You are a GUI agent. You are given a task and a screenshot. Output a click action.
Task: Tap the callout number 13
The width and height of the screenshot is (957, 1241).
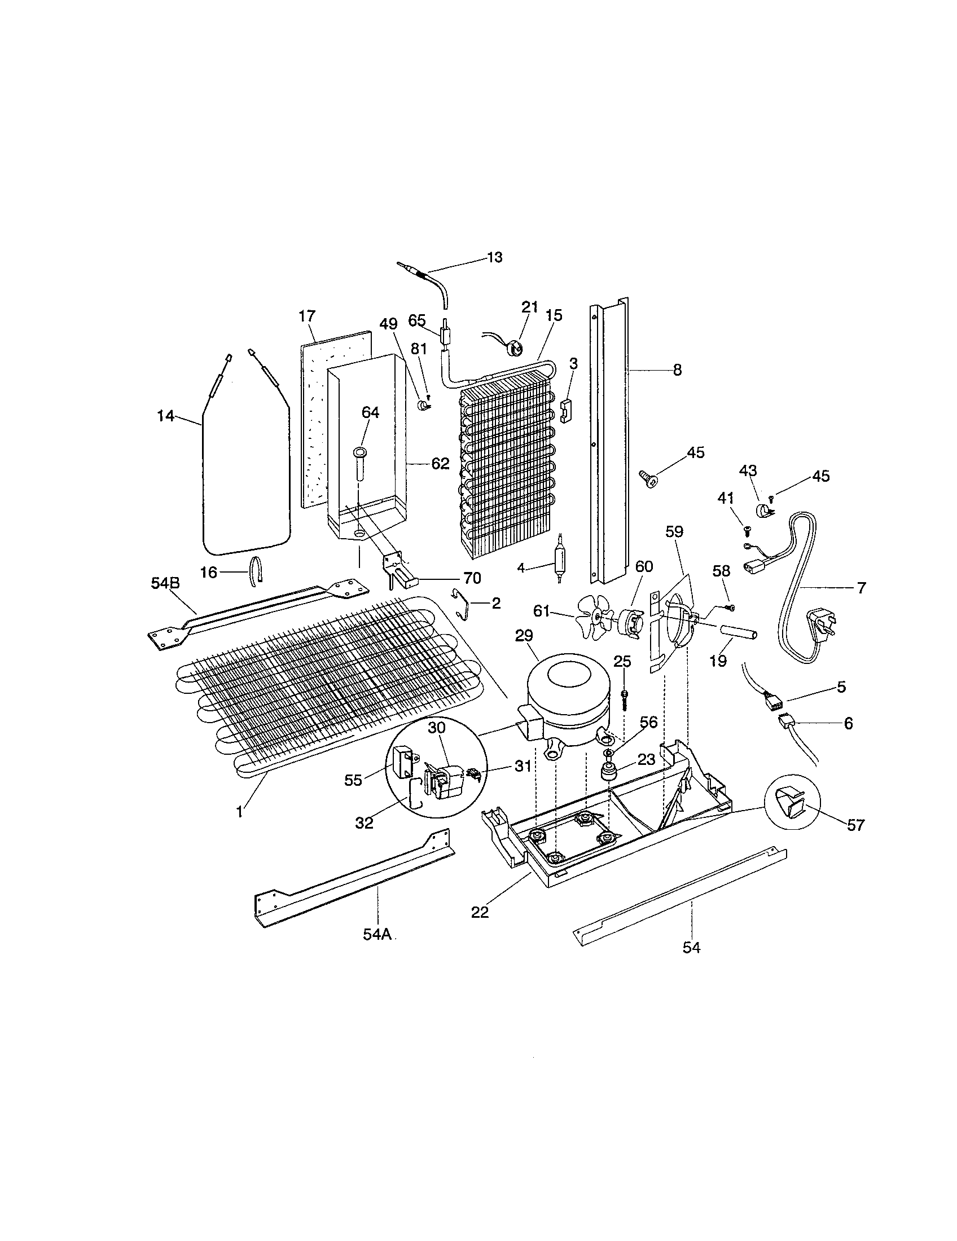pos(494,257)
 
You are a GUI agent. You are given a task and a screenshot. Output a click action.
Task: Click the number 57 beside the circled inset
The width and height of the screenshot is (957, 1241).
pos(856,825)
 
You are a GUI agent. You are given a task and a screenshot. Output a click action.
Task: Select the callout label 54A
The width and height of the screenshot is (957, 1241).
pos(378,935)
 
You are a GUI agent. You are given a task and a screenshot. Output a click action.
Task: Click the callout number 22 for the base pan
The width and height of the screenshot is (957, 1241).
pos(480,912)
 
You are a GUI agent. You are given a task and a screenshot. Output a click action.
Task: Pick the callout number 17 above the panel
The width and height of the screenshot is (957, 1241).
pos(307,316)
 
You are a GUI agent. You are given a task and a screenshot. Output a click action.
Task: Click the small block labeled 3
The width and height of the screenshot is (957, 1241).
pos(567,410)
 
